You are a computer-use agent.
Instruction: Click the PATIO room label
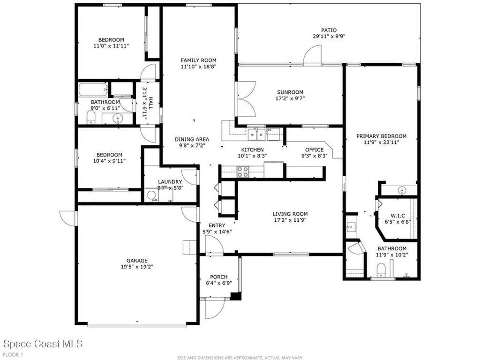click(329, 30)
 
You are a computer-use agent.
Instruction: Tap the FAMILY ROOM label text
click(199, 60)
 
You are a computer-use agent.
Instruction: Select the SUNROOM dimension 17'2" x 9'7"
click(290, 99)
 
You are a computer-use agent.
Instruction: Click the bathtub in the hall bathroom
click(92, 89)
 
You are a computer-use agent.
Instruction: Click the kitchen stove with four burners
click(243, 172)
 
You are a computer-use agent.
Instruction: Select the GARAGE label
click(137, 261)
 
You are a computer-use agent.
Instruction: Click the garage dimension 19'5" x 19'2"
click(137, 267)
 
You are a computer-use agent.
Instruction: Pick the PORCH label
click(219, 277)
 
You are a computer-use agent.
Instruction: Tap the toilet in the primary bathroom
click(382, 270)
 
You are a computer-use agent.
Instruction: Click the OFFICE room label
click(314, 150)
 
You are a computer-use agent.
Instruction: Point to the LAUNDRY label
click(170, 181)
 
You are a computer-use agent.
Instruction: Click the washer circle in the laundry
click(151, 195)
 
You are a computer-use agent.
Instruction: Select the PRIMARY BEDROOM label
click(381, 136)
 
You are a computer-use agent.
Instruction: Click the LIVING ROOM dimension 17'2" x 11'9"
click(290, 220)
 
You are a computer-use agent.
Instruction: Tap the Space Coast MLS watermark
click(43, 344)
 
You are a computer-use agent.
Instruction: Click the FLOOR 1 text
click(13, 354)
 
